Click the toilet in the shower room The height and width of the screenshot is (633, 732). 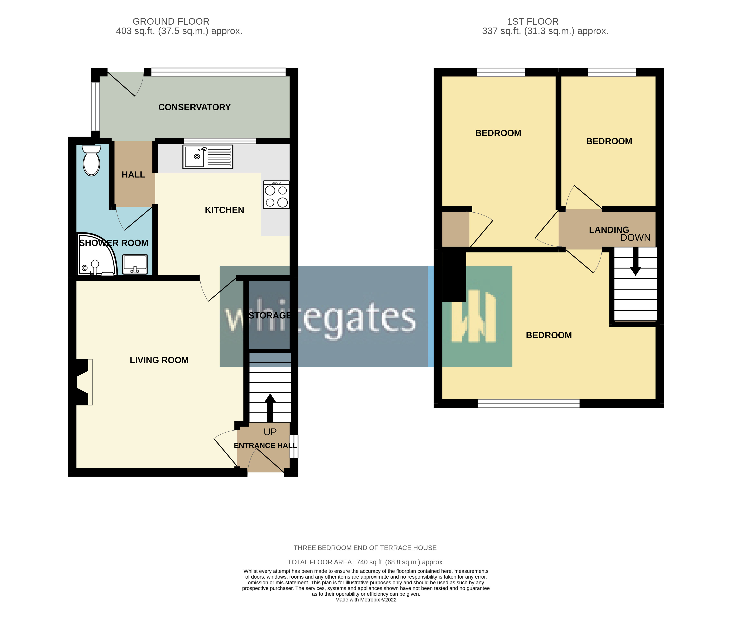pyautogui.click(x=92, y=161)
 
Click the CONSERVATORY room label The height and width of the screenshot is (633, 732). pyautogui.click(x=194, y=107)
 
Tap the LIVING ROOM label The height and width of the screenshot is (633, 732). pyautogui.click(x=159, y=360)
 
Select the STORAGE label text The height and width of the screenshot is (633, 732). pyautogui.click(x=269, y=315)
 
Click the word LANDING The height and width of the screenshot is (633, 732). pyautogui.click(x=609, y=230)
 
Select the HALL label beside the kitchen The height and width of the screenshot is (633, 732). pyautogui.click(x=133, y=174)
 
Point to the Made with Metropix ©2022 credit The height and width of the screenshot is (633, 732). pyautogui.click(x=366, y=600)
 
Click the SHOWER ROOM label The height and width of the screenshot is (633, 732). pyautogui.click(x=114, y=243)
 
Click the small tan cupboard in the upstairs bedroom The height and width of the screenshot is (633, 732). pyautogui.click(x=456, y=229)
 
